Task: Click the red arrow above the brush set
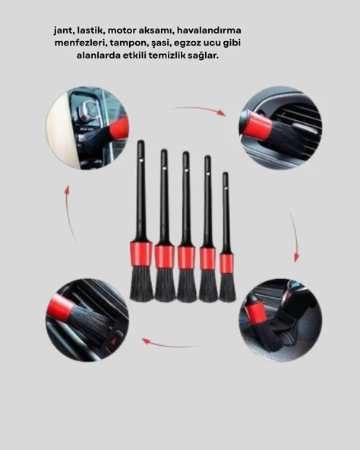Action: pos(200,110)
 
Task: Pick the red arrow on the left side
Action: pos(68,213)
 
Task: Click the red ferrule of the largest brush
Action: pos(141,253)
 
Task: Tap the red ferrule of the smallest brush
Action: pos(226,263)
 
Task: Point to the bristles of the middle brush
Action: pos(186,285)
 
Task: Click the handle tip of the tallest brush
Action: pos(141,147)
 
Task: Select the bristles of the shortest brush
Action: pos(227,287)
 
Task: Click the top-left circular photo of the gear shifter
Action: pos(87,127)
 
